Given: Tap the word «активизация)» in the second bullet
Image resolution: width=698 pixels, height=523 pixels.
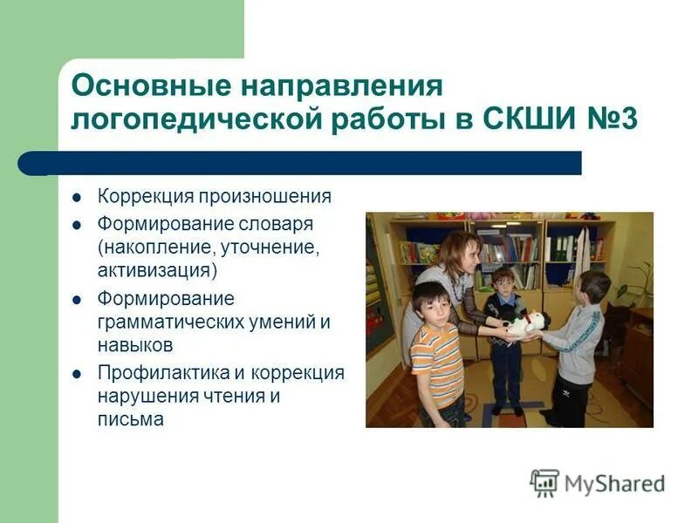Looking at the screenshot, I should click(x=157, y=269).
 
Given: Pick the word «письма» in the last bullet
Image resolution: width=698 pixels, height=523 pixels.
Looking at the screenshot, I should click(x=130, y=419).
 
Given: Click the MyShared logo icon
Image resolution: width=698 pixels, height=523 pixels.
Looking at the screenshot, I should click(x=544, y=482).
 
